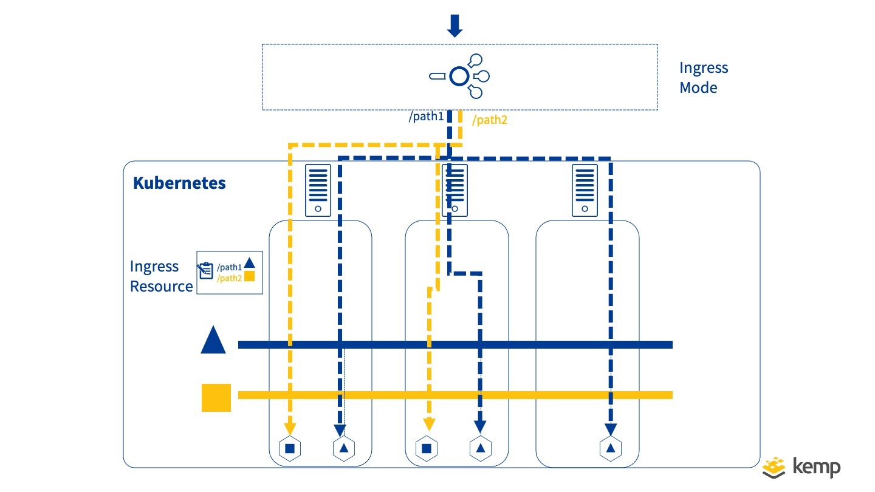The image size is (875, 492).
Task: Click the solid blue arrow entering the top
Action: [x=455, y=25]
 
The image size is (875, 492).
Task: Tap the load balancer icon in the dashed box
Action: [x=460, y=77]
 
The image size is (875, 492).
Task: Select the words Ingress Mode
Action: [x=703, y=78]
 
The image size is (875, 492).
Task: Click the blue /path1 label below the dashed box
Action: [x=427, y=117]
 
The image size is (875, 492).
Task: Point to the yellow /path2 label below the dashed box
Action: [x=489, y=120]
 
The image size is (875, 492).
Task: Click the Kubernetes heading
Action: [x=179, y=183]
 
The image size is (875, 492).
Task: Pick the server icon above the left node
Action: [x=318, y=190]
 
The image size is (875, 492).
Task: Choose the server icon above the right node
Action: [x=585, y=190]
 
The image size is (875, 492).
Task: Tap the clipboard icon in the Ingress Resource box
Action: [x=205, y=271]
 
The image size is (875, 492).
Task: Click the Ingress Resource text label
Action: [x=161, y=276]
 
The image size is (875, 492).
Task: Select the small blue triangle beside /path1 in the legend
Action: [x=249, y=264]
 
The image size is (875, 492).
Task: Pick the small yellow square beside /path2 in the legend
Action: [x=249, y=276]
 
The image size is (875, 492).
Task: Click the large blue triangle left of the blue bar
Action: [x=213, y=340]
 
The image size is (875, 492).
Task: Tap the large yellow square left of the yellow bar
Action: [x=216, y=398]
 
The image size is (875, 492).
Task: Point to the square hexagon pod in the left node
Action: [x=290, y=448]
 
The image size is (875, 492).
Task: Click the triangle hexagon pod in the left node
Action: [x=344, y=448]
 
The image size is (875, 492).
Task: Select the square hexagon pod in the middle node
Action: [x=427, y=448]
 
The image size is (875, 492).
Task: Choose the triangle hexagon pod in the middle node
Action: [x=480, y=448]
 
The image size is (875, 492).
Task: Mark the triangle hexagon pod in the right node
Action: [x=610, y=448]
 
